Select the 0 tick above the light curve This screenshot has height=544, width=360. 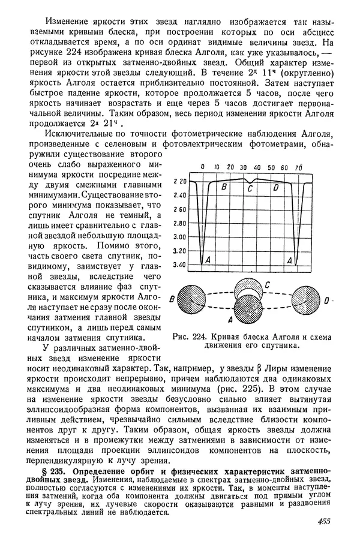click(203, 167)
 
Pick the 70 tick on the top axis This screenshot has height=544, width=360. click(298, 167)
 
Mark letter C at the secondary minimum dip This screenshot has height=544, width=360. click(250, 189)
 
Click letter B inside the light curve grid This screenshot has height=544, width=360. click(224, 188)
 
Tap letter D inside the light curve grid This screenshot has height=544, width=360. click(275, 188)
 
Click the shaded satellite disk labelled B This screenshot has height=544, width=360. click(196, 299)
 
